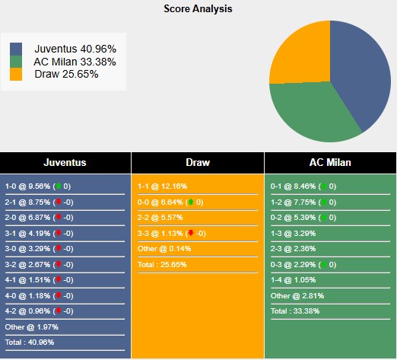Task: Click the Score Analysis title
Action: pos(198,9)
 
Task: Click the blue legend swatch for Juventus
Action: pos(16,49)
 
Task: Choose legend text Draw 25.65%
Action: pos(66,74)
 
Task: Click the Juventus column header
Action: pos(65,162)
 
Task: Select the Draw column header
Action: pos(198,162)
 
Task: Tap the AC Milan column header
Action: pos(330,162)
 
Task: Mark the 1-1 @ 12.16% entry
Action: pos(162,186)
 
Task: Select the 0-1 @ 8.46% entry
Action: pos(294,186)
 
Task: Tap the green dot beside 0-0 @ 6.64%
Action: pos(189,202)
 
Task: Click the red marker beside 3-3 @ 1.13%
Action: pos(189,233)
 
